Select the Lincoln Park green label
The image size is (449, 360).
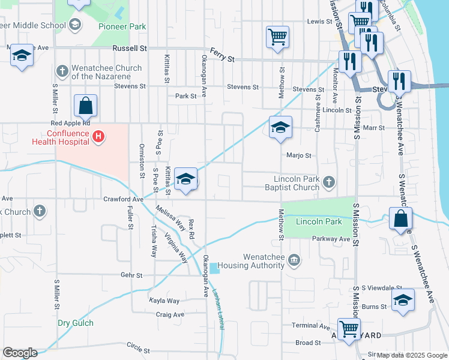click(x=319, y=222)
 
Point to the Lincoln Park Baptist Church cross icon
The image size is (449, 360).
click(x=328, y=181)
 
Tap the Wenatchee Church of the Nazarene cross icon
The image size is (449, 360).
click(x=61, y=71)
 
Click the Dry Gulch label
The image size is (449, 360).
click(x=76, y=323)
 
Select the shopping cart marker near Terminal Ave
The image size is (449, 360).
click(x=349, y=329)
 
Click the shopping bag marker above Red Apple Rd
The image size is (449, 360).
click(x=86, y=106)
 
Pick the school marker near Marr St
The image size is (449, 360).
click(x=280, y=127)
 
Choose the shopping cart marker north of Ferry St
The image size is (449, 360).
click(x=277, y=37)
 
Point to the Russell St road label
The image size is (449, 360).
click(x=129, y=48)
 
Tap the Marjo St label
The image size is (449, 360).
click(x=299, y=155)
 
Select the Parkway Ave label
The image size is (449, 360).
click(x=331, y=239)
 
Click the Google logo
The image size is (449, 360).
click(x=20, y=353)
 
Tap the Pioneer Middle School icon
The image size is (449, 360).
click(x=75, y=25)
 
